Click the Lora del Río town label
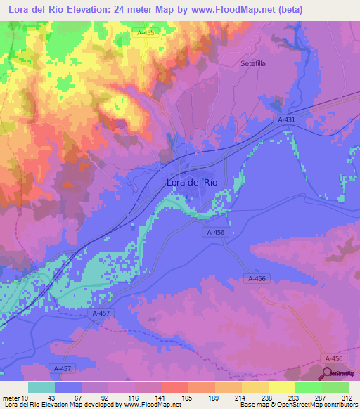coord(192,182)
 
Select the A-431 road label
coord(288,120)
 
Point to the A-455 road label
coord(146,33)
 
